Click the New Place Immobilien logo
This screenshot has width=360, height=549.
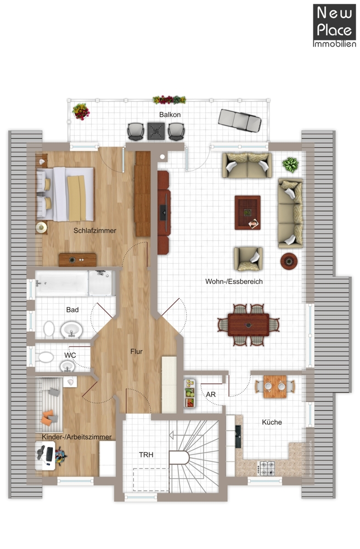334,26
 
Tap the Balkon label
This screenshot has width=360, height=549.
170,115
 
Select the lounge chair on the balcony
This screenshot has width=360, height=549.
240,120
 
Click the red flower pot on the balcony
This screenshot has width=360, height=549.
81,111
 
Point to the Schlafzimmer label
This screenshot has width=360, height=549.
95,231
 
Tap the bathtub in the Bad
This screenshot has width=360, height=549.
61,283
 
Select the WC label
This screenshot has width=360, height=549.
70,355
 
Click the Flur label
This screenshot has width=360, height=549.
137,351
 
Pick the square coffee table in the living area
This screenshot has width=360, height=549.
248,212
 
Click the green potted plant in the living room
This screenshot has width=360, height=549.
291,165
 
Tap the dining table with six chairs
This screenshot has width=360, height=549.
249,325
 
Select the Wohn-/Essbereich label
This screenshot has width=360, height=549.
234,282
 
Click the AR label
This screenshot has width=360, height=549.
211,394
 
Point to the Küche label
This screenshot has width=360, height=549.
272,422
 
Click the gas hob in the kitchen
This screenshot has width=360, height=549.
267,468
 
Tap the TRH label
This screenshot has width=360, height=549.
146,455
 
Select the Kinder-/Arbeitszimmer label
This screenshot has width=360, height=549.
77,437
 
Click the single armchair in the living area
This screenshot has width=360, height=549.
249,259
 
